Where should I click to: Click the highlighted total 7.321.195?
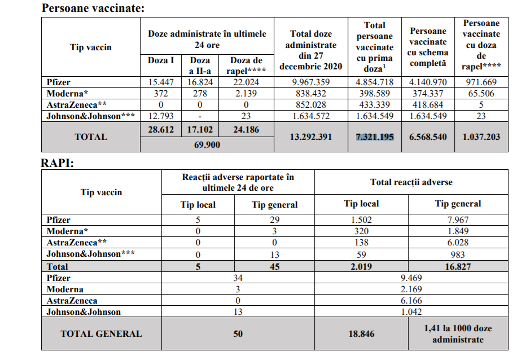click(x=375, y=137)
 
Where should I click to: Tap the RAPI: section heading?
click(x=58, y=163)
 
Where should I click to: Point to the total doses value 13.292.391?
click(x=311, y=137)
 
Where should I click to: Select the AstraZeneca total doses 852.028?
click(x=311, y=105)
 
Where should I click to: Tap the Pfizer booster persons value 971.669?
click(x=481, y=82)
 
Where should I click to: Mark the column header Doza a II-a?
click(x=199, y=65)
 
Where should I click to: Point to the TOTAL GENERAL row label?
click(x=101, y=333)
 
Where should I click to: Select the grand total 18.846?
click(x=361, y=333)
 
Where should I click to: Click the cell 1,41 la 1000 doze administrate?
click(x=458, y=333)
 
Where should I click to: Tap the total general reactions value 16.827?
click(x=458, y=266)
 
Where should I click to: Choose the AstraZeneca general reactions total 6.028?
click(x=458, y=243)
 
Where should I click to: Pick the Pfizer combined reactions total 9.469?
click(x=411, y=278)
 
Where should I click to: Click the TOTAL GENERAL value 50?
click(x=238, y=333)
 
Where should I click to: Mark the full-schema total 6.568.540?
click(x=427, y=137)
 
